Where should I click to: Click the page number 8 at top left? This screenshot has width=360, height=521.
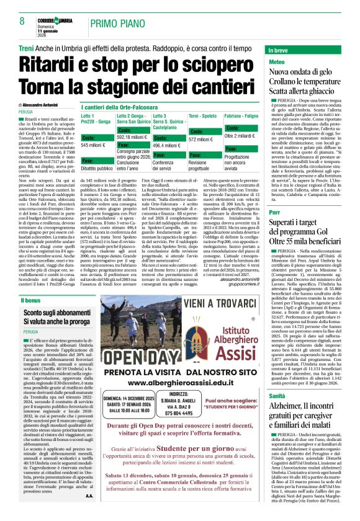point(13,21)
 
